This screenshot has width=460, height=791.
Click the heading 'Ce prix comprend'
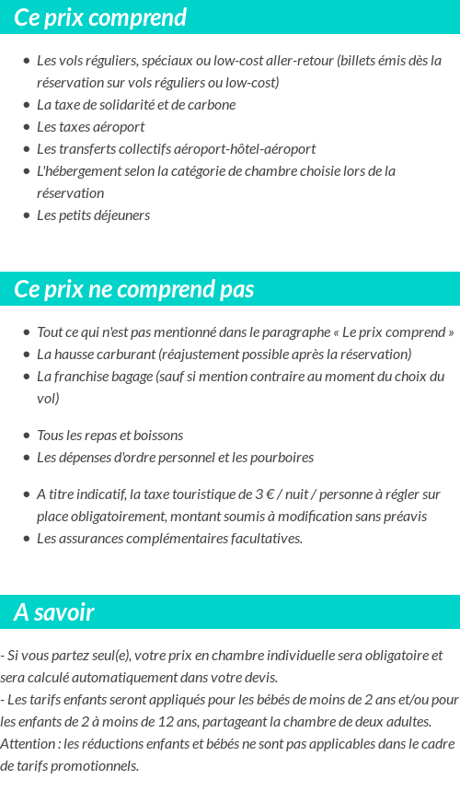pos(100,17)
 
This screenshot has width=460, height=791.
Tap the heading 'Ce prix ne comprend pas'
pos(133,289)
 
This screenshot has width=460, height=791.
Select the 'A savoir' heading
pos(53,612)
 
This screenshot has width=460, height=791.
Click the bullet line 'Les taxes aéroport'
pos(90,126)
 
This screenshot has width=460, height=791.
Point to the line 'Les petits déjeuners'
pos(93,215)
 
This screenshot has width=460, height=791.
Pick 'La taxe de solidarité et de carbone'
pos(136,104)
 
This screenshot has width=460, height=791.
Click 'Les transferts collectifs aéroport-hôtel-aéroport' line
pos(176,148)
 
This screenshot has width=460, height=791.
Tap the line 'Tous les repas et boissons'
pos(109,435)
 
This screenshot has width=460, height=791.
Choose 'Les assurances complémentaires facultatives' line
pos(169,538)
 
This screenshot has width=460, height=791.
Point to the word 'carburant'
pos(123,355)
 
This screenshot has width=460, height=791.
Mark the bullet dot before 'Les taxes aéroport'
pos(26,127)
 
